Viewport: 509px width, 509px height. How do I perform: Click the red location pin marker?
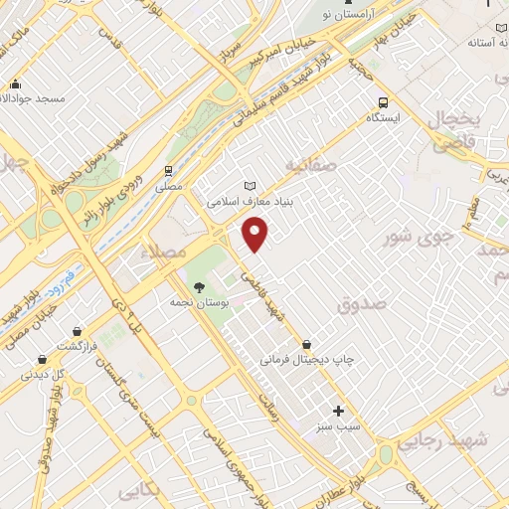click(255, 235)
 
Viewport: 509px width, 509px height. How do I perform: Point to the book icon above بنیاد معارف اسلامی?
click(250, 186)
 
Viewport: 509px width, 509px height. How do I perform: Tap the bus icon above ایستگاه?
click(384, 101)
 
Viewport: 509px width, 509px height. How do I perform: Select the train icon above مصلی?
click(170, 169)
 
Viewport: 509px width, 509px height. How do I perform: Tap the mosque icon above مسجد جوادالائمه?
click(15, 85)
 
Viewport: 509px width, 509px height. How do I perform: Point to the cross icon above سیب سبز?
click(338, 410)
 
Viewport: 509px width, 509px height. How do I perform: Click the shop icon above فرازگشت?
click(42, 359)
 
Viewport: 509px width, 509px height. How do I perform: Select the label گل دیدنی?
click(44, 375)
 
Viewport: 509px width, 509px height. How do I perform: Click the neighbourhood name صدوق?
click(359, 309)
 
